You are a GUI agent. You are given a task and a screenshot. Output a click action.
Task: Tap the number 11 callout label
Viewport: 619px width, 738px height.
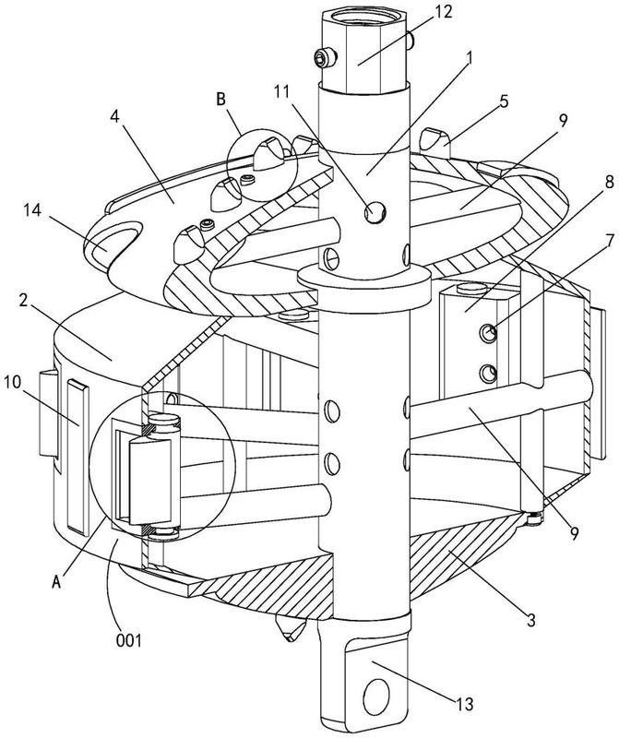pyautogui.click(x=282, y=92)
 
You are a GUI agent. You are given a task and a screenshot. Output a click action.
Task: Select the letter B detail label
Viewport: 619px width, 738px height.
pyautogui.click(x=220, y=100)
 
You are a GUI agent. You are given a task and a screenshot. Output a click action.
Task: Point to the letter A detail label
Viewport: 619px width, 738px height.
pyautogui.click(x=56, y=582)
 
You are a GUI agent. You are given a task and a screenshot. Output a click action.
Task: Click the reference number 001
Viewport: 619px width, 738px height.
pyautogui.click(x=128, y=640)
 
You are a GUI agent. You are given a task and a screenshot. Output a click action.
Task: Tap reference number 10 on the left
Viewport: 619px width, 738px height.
pyautogui.click(x=13, y=382)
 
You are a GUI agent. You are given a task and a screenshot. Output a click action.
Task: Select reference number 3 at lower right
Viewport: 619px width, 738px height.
pyautogui.click(x=531, y=620)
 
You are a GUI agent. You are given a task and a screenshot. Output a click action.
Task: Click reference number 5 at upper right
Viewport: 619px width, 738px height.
pyautogui.click(x=504, y=101)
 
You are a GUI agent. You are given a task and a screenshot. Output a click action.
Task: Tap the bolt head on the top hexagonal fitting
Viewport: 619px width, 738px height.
pyautogui.click(x=327, y=58)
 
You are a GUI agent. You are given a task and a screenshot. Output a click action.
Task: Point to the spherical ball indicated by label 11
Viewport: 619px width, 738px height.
pyautogui.click(x=375, y=213)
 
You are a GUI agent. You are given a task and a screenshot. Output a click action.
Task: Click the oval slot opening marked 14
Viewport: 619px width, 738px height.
pyautogui.click(x=113, y=235)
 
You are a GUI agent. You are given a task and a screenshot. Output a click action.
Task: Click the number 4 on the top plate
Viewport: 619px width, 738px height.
pyautogui.click(x=114, y=117)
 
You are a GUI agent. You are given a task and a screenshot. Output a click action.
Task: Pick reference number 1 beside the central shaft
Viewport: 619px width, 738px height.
pyautogui.click(x=469, y=58)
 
